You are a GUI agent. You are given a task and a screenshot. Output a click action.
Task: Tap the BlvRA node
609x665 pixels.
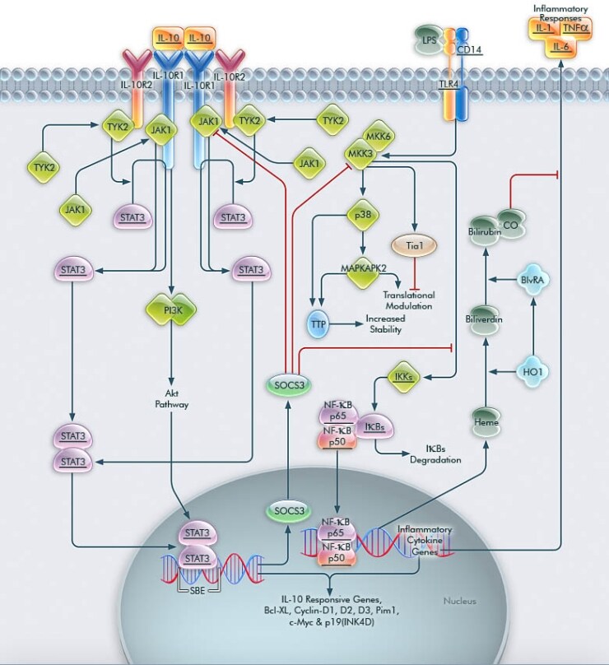(536, 280)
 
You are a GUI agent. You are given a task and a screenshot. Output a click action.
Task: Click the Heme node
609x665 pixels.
(486, 421)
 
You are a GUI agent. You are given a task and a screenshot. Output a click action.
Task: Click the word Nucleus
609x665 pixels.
(459, 601)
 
